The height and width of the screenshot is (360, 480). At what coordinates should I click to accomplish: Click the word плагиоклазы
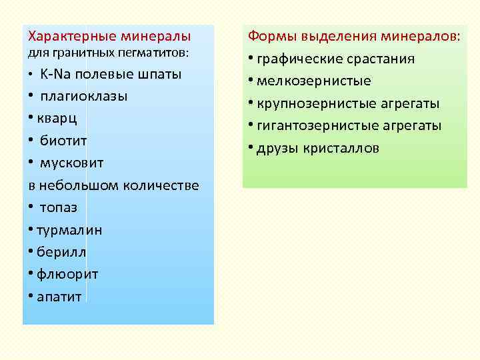(83, 96)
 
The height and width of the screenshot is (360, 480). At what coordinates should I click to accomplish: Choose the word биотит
(63, 141)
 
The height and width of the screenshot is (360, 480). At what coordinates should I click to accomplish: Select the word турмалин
(69, 230)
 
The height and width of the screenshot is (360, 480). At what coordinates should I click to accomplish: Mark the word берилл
(61, 252)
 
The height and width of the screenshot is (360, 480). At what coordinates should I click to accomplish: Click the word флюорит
(67, 274)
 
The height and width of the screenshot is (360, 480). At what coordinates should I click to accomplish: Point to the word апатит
(59, 297)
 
